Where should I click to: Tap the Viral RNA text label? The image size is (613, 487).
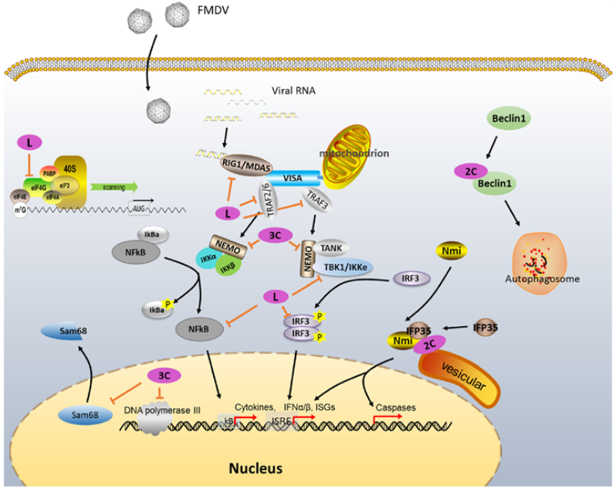(x=290, y=90)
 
